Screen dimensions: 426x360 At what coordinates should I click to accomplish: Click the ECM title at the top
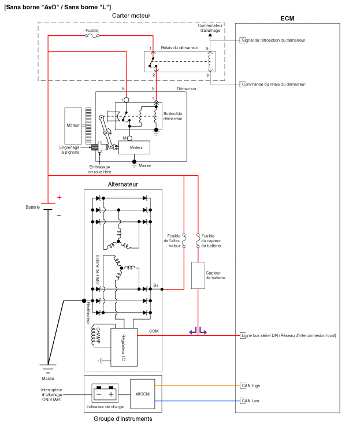[x=287, y=18]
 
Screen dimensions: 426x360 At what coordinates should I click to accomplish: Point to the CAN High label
[x=251, y=385]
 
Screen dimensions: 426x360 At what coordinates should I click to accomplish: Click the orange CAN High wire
[x=196, y=385]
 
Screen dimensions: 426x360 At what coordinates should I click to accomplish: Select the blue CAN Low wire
[x=196, y=400]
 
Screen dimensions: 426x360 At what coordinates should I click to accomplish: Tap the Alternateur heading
[x=123, y=184]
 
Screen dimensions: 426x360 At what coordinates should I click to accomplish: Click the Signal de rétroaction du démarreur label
[x=273, y=40]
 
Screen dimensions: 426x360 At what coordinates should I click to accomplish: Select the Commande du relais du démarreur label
[x=273, y=84]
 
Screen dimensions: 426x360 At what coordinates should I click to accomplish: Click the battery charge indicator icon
[x=106, y=394]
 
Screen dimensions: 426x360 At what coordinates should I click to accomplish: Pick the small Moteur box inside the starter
[x=136, y=148]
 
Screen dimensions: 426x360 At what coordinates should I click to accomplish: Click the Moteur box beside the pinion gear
[x=73, y=125]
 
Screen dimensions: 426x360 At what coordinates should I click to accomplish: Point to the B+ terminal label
[x=156, y=285]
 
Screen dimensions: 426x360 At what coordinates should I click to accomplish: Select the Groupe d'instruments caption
[x=123, y=418]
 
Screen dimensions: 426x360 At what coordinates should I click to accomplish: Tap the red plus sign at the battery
[x=58, y=197]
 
